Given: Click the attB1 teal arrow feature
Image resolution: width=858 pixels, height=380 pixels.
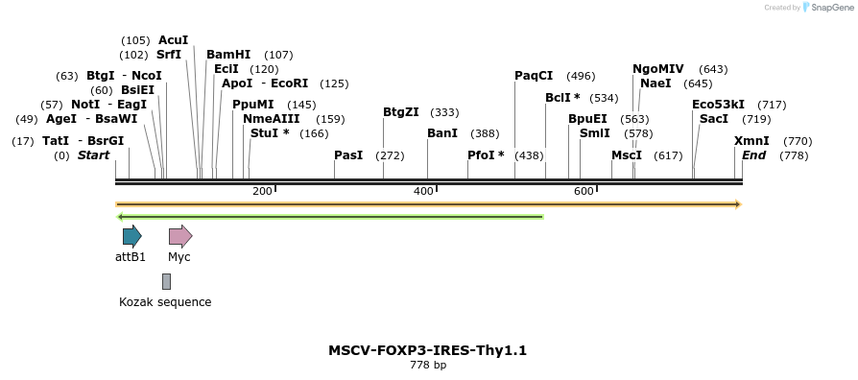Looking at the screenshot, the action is pyautogui.click(x=131, y=236).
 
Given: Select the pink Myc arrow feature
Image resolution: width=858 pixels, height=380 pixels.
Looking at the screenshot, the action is pyautogui.click(x=179, y=236).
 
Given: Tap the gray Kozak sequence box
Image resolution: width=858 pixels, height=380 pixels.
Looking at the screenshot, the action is pyautogui.click(x=166, y=281).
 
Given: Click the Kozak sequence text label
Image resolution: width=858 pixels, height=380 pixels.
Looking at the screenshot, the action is pyautogui.click(x=165, y=302).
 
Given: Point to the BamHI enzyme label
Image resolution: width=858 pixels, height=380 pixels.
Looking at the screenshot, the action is pyautogui.click(x=228, y=55).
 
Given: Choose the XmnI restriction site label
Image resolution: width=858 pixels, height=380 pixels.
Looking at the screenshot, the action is pyautogui.click(x=751, y=141).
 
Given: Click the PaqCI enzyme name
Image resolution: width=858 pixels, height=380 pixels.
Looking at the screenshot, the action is pyautogui.click(x=534, y=76).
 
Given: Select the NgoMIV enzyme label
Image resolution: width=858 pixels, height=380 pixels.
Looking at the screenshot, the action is pyautogui.click(x=658, y=69).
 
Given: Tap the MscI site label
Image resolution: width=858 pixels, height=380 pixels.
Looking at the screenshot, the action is pyautogui.click(x=627, y=155).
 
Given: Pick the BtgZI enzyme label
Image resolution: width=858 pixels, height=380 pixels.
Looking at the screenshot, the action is pyautogui.click(x=401, y=112).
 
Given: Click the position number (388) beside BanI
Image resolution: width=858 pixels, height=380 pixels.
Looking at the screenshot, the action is pyautogui.click(x=485, y=133).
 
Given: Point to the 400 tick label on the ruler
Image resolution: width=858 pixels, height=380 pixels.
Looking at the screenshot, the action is pyautogui.click(x=423, y=192).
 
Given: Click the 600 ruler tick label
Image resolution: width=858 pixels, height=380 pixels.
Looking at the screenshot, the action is pyautogui.click(x=584, y=192).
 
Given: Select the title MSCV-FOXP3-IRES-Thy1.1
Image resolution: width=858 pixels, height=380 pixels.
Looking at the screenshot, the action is pyautogui.click(x=427, y=350).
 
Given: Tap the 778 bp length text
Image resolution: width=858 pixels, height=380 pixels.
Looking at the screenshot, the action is pyautogui.click(x=428, y=366).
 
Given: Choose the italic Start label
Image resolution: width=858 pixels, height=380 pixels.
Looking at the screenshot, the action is pyautogui.click(x=94, y=155).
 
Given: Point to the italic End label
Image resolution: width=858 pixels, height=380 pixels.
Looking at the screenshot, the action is pyautogui.click(x=753, y=155).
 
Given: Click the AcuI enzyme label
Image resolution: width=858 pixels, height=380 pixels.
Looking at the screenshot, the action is pyautogui.click(x=173, y=40).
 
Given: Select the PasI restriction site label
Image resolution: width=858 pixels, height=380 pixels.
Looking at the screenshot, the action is pyautogui.click(x=348, y=155).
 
